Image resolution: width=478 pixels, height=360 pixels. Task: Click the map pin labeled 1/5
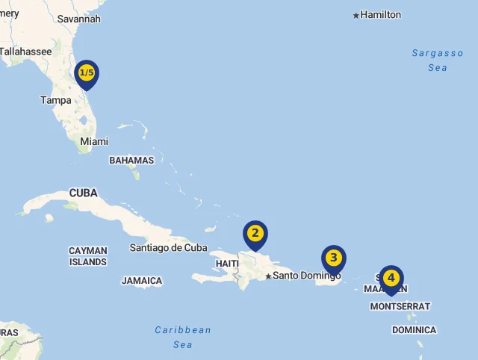click(87, 73)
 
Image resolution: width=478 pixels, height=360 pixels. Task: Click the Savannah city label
click(78, 19)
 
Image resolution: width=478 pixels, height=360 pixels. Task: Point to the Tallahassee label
click(26, 52)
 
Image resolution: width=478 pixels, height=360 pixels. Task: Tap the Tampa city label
click(56, 100)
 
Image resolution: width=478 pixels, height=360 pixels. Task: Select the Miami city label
click(94, 141)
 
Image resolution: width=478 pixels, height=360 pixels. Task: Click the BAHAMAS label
click(131, 160)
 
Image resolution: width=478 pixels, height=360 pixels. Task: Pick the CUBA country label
click(84, 193)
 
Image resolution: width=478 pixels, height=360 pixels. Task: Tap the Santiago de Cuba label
click(168, 247)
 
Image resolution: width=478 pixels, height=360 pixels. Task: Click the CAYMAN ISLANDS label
click(88, 256)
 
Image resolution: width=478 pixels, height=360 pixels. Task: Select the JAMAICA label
click(142, 281)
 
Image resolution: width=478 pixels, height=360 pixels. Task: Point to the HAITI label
click(227, 264)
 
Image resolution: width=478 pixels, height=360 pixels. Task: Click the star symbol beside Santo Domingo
click(268, 276)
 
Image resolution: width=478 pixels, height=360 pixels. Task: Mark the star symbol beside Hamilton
click(356, 15)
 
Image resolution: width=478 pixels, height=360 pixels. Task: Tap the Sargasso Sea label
click(438, 60)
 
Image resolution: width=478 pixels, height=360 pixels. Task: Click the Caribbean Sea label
click(183, 337)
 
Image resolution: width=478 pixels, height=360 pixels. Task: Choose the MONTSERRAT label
click(400, 306)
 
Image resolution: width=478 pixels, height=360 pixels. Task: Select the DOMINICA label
click(415, 330)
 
